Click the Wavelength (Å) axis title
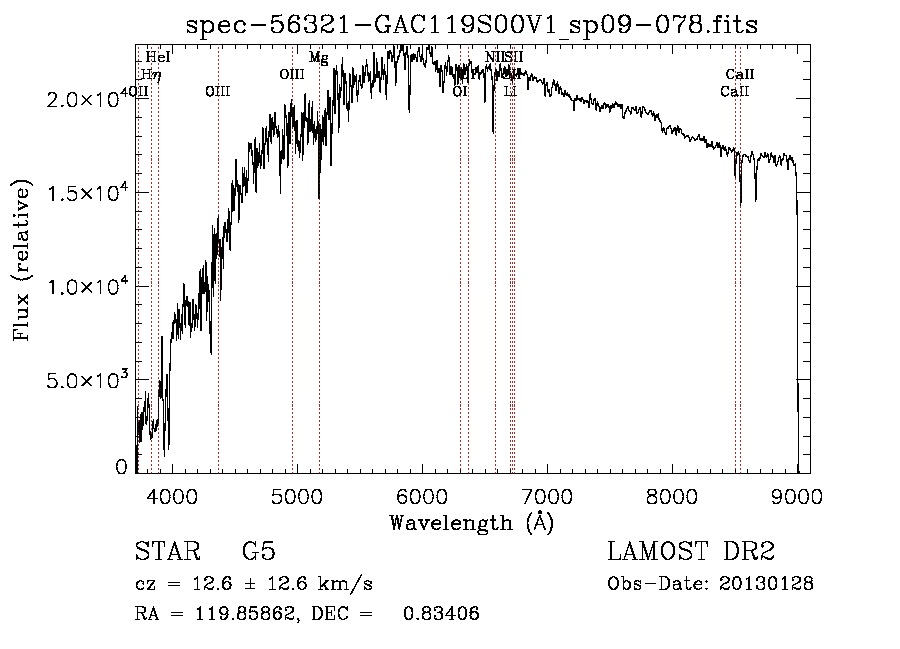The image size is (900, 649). click(x=471, y=522)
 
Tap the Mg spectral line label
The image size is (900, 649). click(x=318, y=58)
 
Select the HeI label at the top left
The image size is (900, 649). click(x=158, y=57)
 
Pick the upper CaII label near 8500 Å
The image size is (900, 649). click(x=740, y=74)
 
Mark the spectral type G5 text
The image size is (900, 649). click(x=257, y=552)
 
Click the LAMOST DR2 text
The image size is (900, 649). click(x=690, y=552)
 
